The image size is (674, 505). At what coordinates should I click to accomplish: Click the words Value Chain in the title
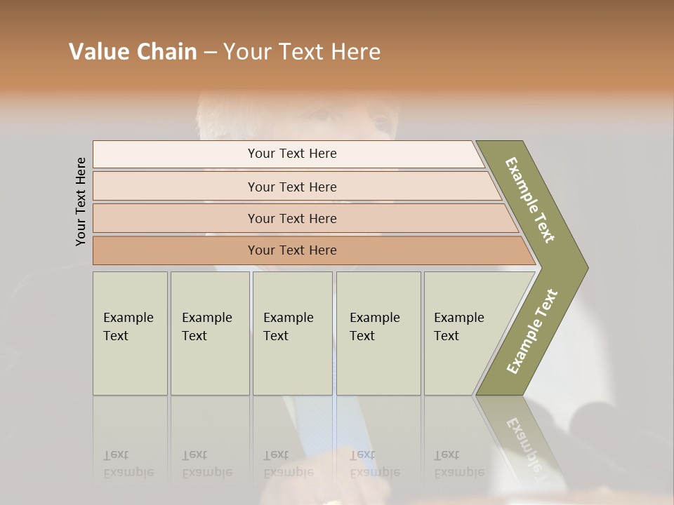point(133,52)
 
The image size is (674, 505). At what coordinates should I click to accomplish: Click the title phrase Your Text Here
point(302,52)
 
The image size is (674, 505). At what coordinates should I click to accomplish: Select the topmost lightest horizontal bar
point(176,154)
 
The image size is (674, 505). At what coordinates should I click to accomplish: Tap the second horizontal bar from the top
point(176,187)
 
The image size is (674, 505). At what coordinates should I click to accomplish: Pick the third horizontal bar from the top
point(176,218)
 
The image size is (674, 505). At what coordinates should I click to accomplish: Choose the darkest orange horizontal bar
point(176,250)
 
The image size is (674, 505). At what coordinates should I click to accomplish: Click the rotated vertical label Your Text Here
point(81,201)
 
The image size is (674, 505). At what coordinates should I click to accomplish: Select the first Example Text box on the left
point(130,333)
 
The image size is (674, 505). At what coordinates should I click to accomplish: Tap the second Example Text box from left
point(210,333)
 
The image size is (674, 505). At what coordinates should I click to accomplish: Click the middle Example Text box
point(292,333)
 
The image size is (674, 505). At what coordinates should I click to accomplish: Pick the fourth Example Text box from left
point(378,333)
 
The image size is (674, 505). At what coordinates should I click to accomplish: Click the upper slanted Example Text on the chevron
point(530,200)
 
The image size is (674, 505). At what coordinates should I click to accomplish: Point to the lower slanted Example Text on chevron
point(532,331)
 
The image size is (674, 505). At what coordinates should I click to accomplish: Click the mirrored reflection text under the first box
point(128,464)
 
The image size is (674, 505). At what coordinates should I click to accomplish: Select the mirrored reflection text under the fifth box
point(459,464)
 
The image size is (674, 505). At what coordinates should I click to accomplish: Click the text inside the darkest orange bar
point(292,250)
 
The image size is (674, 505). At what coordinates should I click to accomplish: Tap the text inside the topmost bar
point(292,154)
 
